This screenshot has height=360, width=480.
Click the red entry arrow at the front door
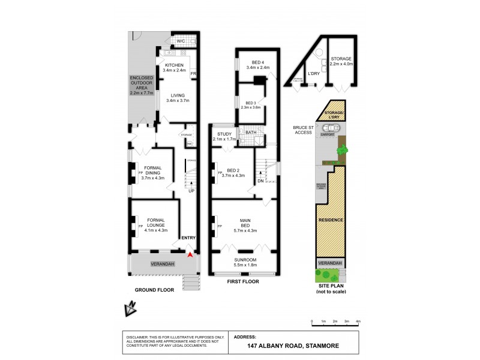190,254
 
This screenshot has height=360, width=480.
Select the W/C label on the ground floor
181,41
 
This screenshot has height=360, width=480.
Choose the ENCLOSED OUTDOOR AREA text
142,86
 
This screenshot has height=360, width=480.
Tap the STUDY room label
224,134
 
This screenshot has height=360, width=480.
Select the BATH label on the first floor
250,132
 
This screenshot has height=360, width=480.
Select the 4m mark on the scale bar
358,322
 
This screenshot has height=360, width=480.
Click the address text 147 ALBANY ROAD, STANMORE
290,346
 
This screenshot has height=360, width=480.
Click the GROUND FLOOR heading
154,289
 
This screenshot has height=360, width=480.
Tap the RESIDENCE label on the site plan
330,220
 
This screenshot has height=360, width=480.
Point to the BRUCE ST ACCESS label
302,130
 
